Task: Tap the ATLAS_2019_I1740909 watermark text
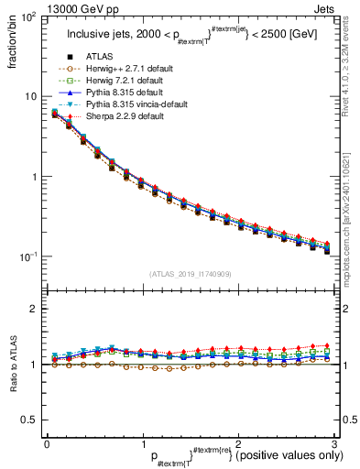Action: [x=191, y=274]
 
